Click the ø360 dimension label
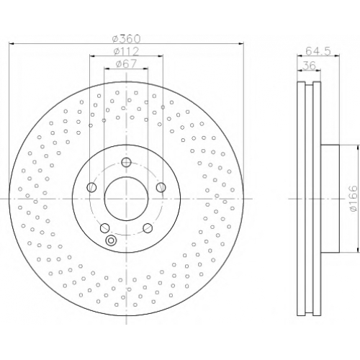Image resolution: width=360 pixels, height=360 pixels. coord(127,39)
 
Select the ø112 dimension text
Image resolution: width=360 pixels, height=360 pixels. coord(127,51)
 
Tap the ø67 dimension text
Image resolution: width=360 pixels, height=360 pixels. coord(126,63)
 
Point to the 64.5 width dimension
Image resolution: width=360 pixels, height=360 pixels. coord(318,51)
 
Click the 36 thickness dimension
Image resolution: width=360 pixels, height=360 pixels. coord(309,66)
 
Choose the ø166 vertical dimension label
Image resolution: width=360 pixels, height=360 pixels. coord(354,199)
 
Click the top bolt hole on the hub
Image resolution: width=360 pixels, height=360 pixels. coord(126,162)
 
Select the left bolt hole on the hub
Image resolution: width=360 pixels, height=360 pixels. coord(91,187)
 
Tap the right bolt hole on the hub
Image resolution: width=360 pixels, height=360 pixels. coord(161,187)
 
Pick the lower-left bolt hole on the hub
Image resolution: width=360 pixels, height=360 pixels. coord(104,228)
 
